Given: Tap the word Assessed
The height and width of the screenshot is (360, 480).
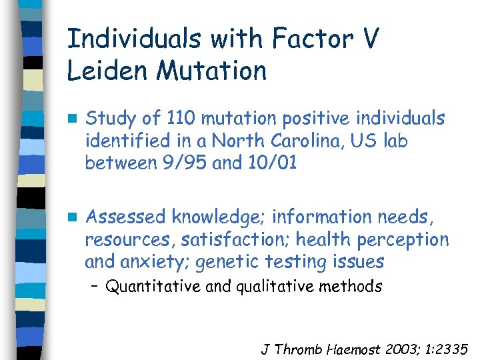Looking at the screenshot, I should click(126, 217).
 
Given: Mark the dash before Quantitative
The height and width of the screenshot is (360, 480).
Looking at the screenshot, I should click(95, 287).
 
